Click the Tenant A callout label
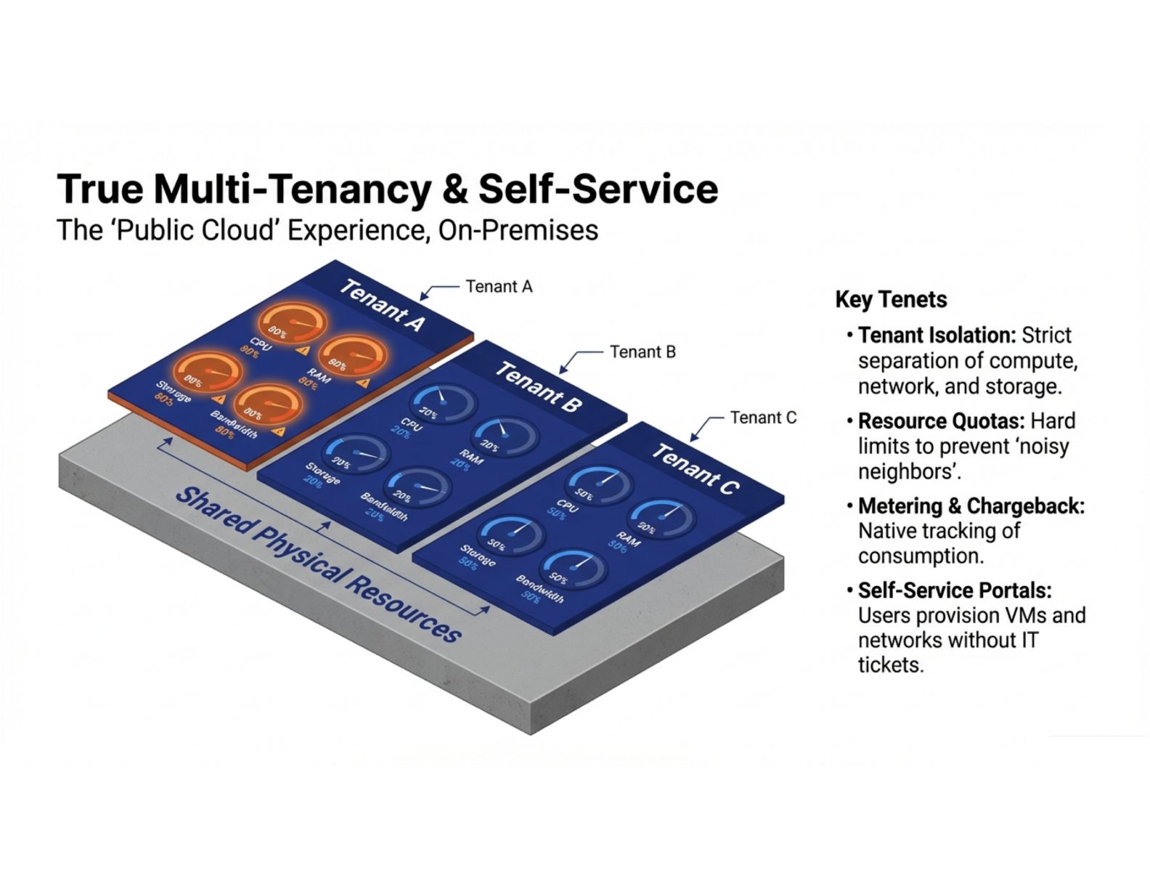[499, 287]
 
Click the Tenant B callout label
[643, 352]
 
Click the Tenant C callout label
[763, 418]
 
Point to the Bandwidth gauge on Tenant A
[268, 404]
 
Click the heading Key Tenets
[891, 299]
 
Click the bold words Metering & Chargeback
[971, 506]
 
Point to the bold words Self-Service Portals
[954, 590]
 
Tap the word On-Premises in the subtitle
[518, 230]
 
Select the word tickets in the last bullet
[890, 665]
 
